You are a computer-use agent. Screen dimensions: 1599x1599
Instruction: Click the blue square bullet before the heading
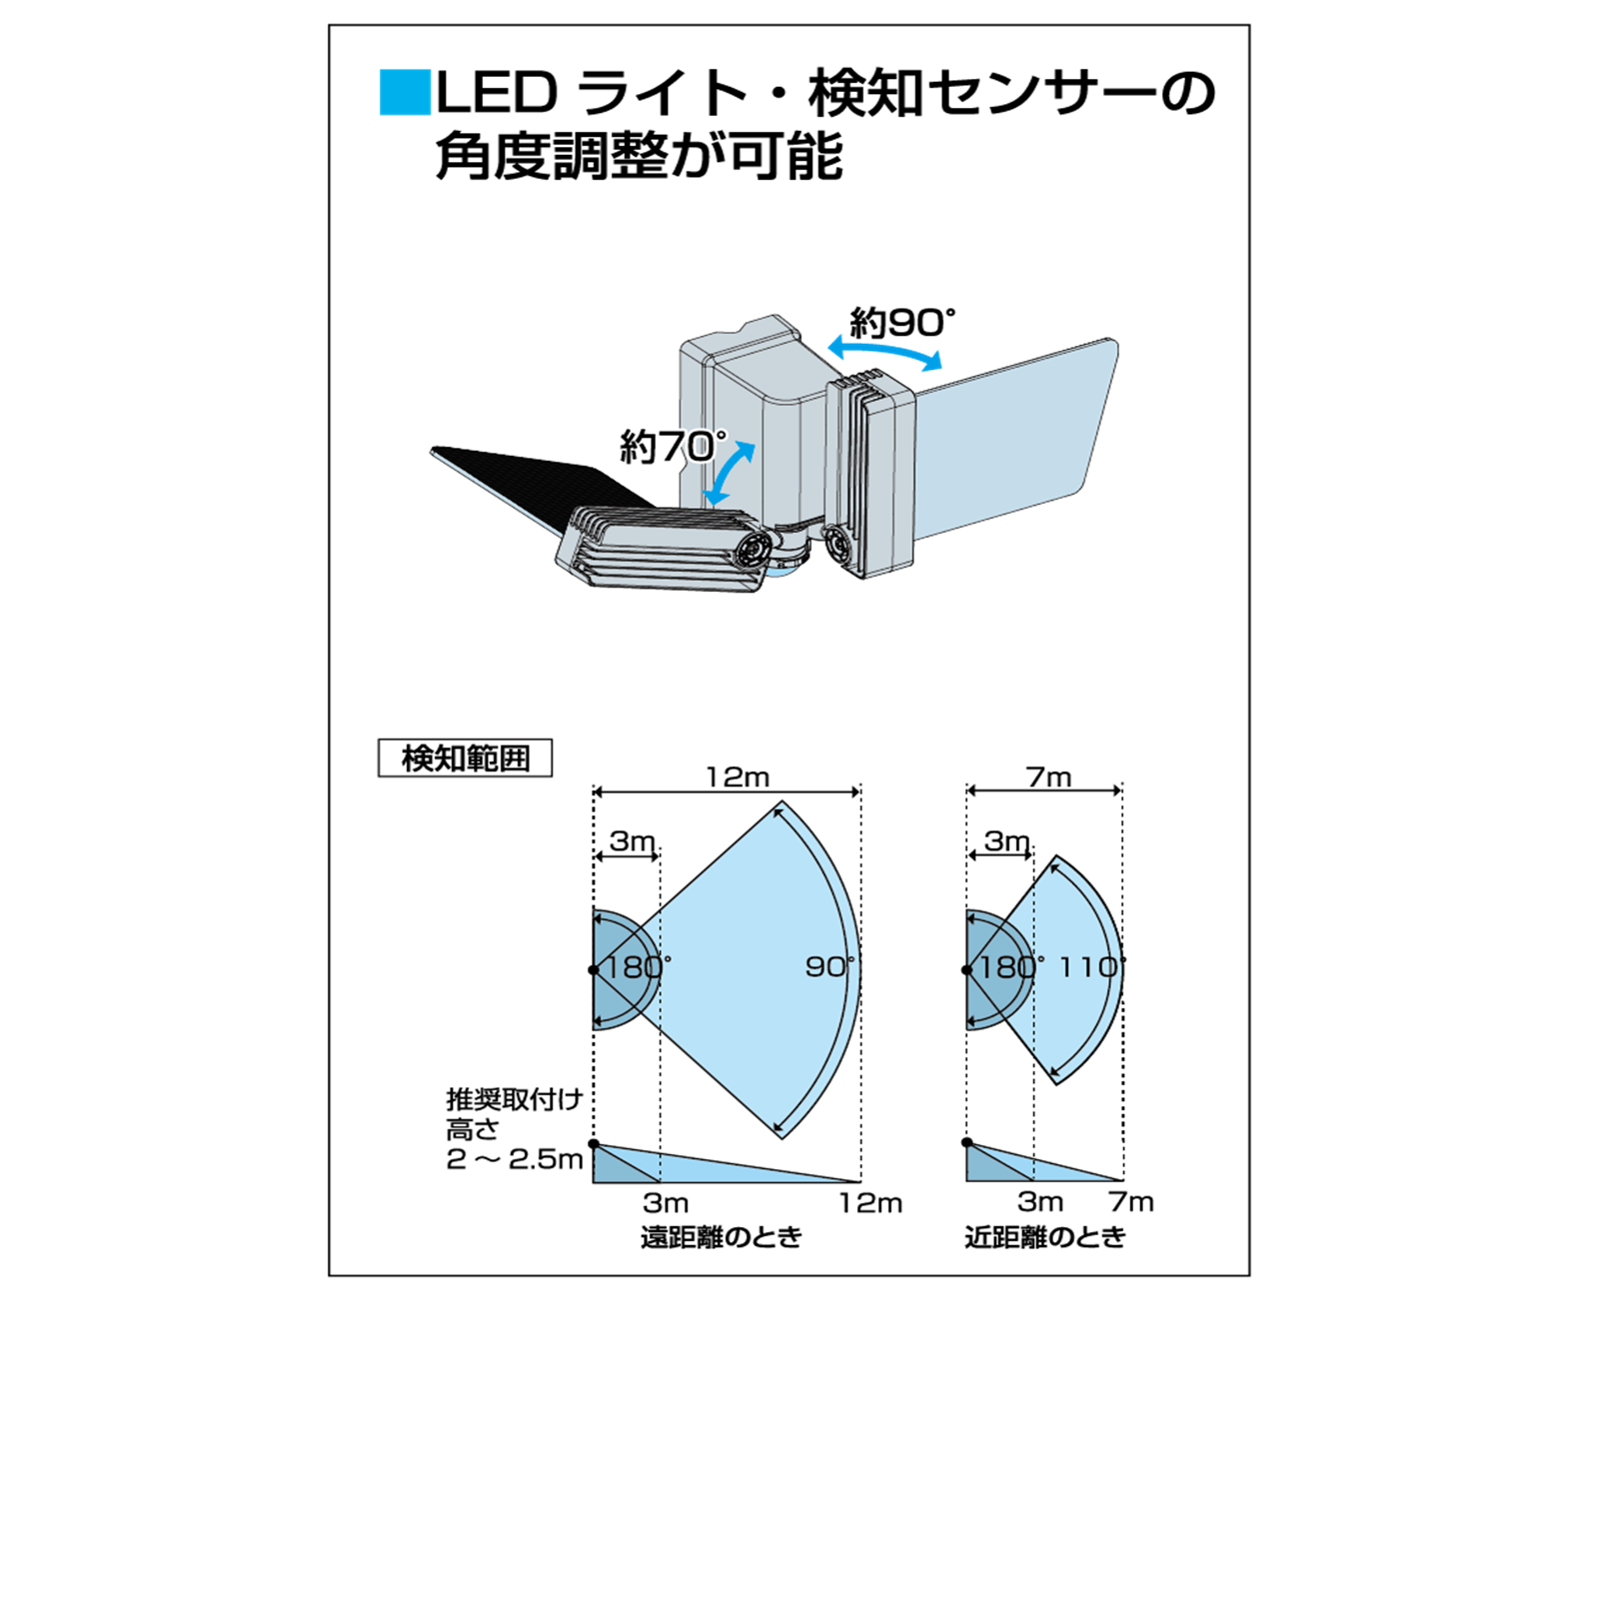[x=405, y=92]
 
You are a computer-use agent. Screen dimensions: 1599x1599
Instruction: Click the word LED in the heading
[x=497, y=93]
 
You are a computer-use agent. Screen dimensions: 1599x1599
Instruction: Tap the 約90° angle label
[x=901, y=323]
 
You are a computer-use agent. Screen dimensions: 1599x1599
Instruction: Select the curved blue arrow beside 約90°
[x=885, y=352]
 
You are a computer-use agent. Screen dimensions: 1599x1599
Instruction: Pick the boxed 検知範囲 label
[x=465, y=759]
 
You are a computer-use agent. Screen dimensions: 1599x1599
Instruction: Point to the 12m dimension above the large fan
[x=738, y=777]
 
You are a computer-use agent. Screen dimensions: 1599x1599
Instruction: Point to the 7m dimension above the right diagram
[x=1048, y=777]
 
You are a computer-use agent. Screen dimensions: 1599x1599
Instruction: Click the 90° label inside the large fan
[x=829, y=966]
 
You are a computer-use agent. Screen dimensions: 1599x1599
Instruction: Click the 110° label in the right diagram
[x=1091, y=966]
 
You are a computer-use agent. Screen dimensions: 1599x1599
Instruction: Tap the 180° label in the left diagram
[x=638, y=966]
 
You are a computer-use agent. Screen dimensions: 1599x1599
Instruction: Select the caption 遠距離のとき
[x=721, y=1237]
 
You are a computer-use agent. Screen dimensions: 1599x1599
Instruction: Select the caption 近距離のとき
[x=1044, y=1237]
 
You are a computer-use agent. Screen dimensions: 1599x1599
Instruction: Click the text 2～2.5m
[x=514, y=1159]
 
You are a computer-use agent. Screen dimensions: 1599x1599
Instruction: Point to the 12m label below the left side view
[x=869, y=1202]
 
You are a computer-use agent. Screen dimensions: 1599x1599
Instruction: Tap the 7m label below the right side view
[x=1130, y=1201]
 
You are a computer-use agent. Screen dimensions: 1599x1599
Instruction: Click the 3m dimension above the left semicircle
[x=632, y=841]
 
